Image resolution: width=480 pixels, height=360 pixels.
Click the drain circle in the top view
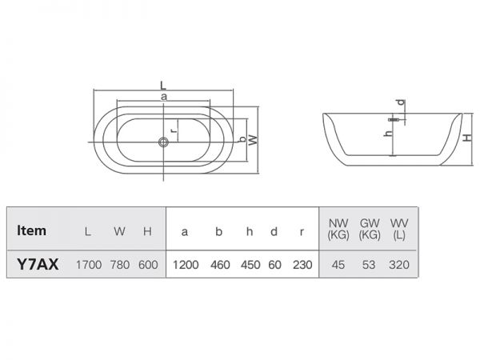pyautogui.click(x=163, y=142)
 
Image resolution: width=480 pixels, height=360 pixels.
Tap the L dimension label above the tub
pyautogui.click(x=163, y=86)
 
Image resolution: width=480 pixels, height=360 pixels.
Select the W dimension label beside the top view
pyautogui.click(x=253, y=140)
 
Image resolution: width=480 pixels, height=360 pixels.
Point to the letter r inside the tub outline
pyautogui.click(x=174, y=130)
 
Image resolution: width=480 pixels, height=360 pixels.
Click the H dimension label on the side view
pyautogui.click(x=467, y=138)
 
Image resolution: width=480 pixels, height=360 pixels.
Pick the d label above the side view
pyautogui.click(x=401, y=102)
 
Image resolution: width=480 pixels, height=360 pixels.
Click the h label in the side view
pyautogui.click(x=389, y=133)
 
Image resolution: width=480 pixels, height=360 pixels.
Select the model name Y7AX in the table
pyautogui.click(x=38, y=264)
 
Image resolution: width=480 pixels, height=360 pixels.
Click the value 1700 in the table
pyautogui.click(x=89, y=265)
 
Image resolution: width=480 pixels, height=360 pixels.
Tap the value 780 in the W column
pyautogui.click(x=120, y=265)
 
